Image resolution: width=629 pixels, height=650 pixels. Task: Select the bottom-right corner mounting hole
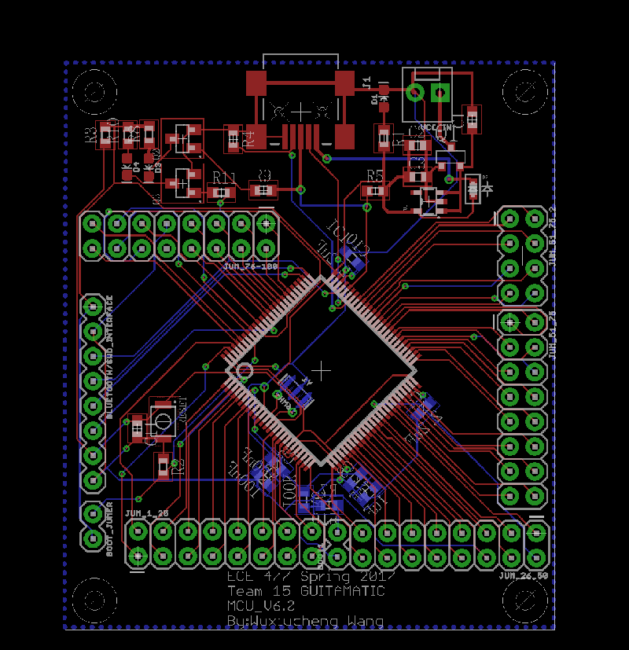[525, 599]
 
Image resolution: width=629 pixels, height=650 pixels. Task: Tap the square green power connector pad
[442, 94]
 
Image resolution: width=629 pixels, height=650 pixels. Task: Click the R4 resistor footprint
[234, 139]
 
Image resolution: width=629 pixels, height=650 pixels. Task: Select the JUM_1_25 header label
[147, 513]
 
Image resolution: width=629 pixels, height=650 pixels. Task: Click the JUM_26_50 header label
[522, 575]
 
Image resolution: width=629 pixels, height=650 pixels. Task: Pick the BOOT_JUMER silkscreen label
[110, 527]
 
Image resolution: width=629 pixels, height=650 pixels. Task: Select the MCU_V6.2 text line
[261, 606]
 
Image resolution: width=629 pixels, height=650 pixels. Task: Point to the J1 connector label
[366, 81]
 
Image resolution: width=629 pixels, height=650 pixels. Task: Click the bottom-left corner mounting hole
[95, 599]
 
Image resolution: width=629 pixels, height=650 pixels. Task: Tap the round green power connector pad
[417, 94]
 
